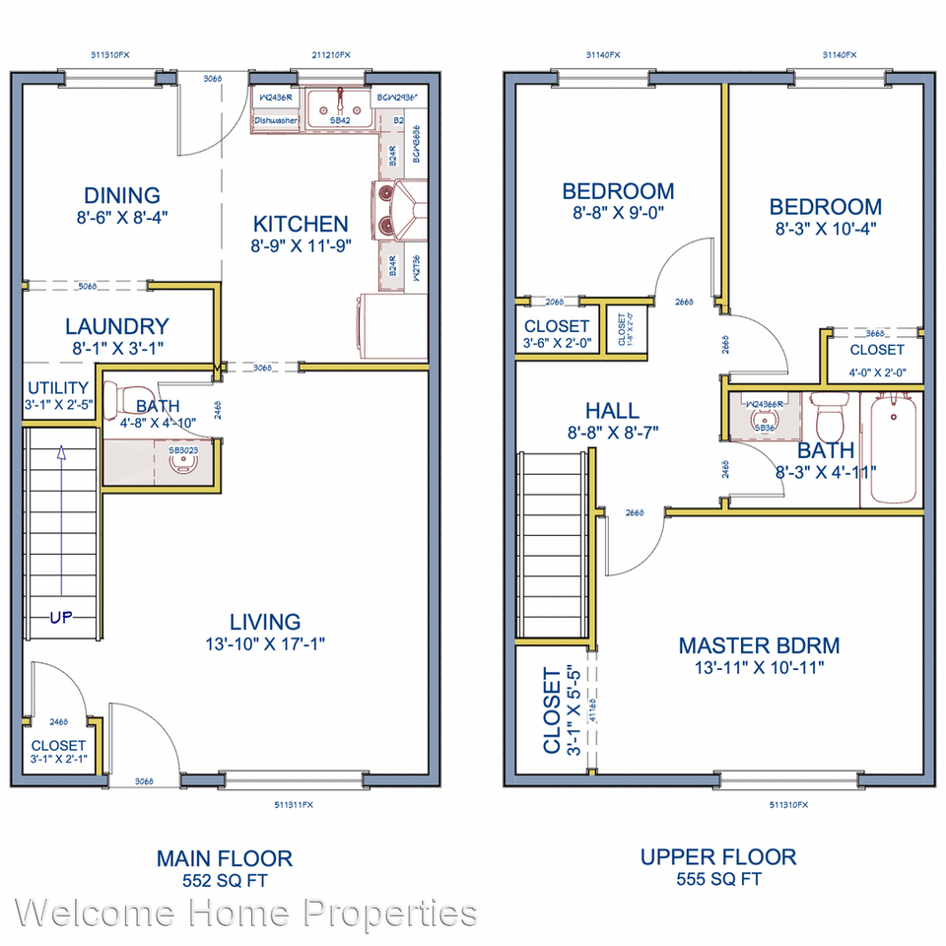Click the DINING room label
pyautogui.click(x=121, y=195)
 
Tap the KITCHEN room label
pyautogui.click(x=300, y=225)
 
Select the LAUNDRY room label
pyautogui.click(x=116, y=326)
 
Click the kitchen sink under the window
pyautogui.click(x=339, y=106)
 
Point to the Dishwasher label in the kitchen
pyautogui.click(x=276, y=121)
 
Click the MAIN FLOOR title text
pyautogui.click(x=224, y=857)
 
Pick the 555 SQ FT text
pyautogui.click(x=717, y=879)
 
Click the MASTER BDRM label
pyautogui.click(x=759, y=645)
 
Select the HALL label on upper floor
pyautogui.click(x=611, y=411)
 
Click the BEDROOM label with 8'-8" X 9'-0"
pyautogui.click(x=618, y=191)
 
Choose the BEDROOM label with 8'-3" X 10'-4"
pyautogui.click(x=825, y=207)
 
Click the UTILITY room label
pyautogui.click(x=57, y=388)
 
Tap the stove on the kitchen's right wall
pyautogui.click(x=399, y=209)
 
